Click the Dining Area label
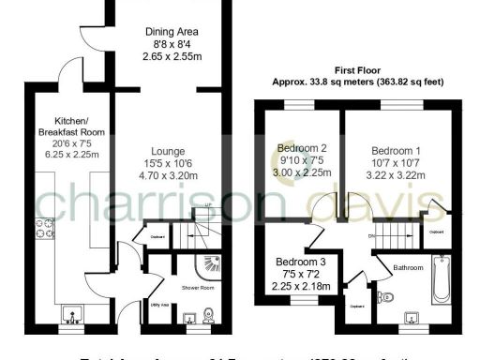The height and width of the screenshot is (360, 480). coord(174,31)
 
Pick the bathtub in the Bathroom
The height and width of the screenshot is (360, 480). coord(442,279)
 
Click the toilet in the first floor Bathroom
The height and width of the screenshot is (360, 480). coord(383,298)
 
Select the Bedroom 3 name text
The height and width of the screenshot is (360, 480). coord(301,262)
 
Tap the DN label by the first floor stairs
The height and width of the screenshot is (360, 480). coord(371,236)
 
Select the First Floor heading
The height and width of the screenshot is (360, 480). coord(356,68)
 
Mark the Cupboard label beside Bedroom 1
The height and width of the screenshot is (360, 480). coord(436,230)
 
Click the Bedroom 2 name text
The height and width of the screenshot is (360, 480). coord(302,148)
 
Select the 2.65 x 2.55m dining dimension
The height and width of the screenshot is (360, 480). coord(174,55)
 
